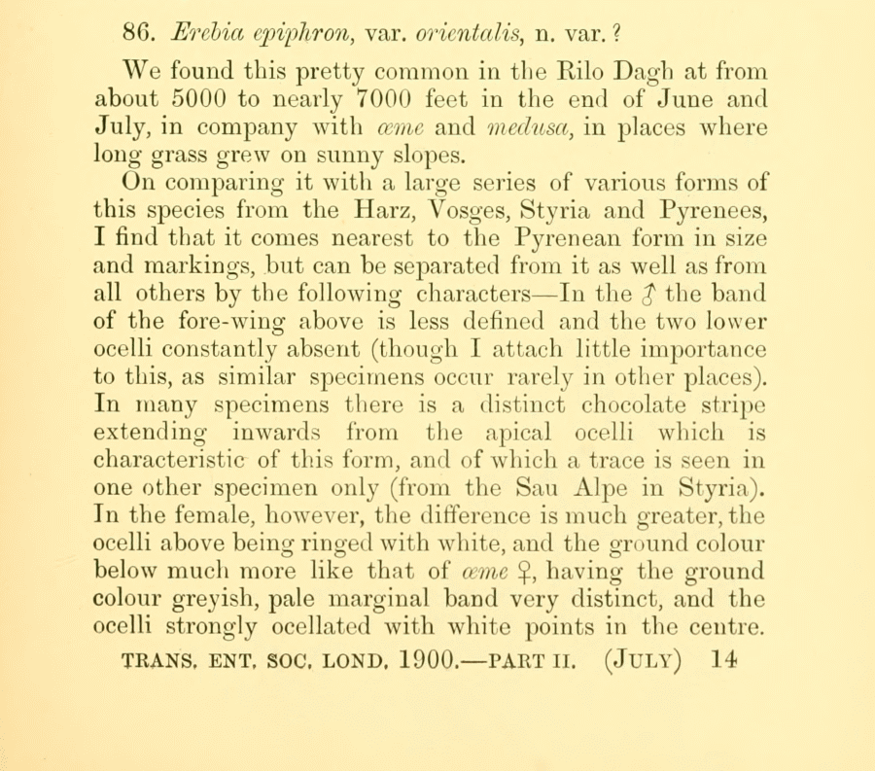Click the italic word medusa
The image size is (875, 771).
coord(530,128)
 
